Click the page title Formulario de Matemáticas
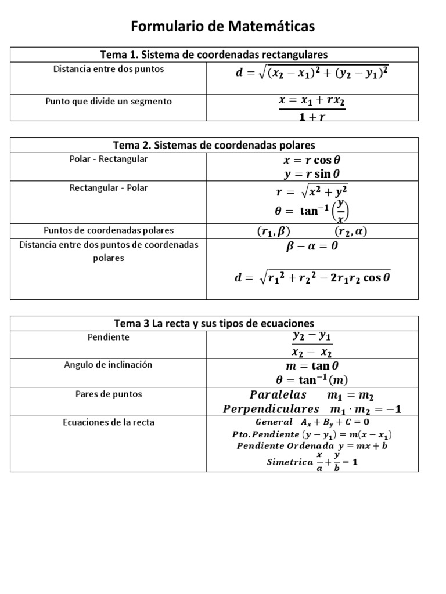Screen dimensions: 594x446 click(223, 26)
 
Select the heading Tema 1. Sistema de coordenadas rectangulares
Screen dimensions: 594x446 click(214, 55)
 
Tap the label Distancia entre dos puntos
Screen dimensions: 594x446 click(109, 69)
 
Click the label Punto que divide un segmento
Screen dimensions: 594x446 click(109, 102)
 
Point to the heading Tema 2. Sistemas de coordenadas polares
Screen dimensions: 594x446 click(214, 145)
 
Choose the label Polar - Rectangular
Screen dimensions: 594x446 click(109, 159)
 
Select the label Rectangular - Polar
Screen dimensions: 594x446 click(109, 188)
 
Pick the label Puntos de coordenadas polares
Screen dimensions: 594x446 click(109, 230)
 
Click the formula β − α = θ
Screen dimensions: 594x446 click(312, 246)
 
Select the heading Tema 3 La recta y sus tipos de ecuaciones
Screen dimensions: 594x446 click(214, 323)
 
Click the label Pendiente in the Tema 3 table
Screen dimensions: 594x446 click(109, 337)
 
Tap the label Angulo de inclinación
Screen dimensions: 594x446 click(109, 365)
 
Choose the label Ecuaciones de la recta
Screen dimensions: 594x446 click(109, 422)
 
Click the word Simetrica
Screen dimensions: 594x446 click(289, 462)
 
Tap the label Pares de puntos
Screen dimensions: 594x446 click(109, 394)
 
